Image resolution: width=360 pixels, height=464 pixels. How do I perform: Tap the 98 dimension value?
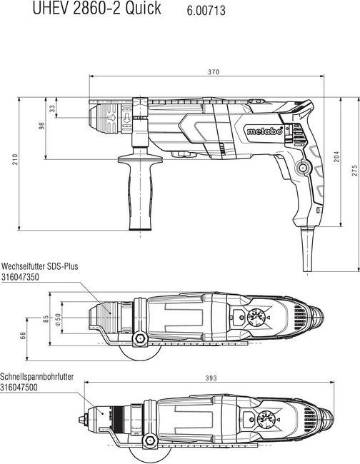[x=42, y=126]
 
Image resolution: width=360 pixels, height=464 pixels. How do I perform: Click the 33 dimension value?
[x=52, y=109]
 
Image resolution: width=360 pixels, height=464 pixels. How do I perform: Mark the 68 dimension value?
[x=24, y=335]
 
